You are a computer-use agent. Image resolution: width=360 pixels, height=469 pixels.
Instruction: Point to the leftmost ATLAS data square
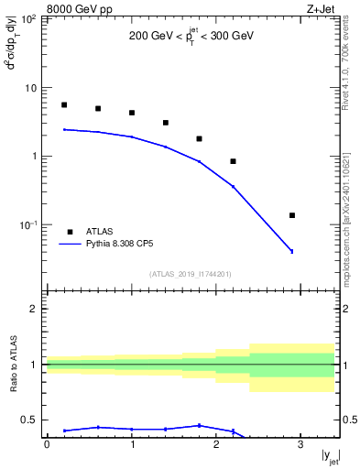(64, 105)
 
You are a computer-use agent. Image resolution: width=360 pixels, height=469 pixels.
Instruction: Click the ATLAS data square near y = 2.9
(291, 215)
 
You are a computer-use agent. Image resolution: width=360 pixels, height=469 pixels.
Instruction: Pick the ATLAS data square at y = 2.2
(233, 161)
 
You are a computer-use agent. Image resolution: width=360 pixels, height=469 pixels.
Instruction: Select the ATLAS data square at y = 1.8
(199, 139)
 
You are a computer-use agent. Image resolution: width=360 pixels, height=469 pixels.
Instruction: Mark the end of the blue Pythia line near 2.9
(291, 251)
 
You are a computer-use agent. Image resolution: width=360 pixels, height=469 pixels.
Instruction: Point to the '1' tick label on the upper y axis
(34, 157)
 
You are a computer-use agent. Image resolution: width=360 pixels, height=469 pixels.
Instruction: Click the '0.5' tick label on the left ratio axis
(28, 420)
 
